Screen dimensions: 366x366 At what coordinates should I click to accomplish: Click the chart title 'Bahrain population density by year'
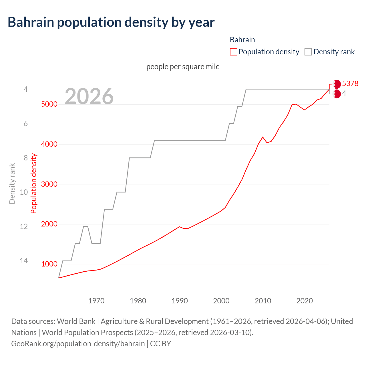(111, 22)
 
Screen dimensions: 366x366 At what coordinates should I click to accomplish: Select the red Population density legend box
(233, 52)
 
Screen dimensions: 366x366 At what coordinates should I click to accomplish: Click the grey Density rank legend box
(308, 52)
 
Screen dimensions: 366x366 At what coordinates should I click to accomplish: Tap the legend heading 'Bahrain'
(242, 40)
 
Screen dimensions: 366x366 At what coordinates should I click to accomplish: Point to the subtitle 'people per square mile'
(183, 67)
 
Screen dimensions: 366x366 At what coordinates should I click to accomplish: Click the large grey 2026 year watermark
(89, 96)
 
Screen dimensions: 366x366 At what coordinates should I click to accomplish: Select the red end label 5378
(350, 83)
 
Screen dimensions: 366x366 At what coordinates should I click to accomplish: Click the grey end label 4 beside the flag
(344, 94)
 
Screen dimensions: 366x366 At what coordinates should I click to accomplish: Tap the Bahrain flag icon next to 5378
(337, 84)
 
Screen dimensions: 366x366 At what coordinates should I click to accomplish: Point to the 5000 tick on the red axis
(49, 104)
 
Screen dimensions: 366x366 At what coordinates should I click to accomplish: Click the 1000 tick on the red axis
(49, 264)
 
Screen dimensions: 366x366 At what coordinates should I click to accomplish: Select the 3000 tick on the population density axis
(49, 184)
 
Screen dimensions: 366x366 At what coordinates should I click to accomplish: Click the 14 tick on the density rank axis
(24, 261)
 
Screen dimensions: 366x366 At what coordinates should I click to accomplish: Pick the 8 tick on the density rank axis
(26, 158)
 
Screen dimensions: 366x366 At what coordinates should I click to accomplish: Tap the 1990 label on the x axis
(180, 301)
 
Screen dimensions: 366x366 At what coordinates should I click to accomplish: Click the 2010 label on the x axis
(263, 301)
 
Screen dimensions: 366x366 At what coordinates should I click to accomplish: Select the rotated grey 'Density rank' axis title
(12, 184)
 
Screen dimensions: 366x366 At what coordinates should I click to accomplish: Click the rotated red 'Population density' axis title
(34, 184)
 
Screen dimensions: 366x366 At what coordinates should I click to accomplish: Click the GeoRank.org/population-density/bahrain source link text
(78, 343)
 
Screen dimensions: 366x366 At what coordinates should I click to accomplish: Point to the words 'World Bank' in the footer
(76, 321)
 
